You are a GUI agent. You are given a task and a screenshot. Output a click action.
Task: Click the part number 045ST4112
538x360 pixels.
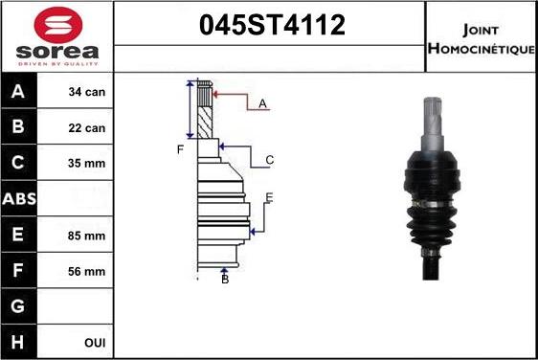coord(272,25)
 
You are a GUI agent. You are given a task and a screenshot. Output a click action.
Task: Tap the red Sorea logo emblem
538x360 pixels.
coord(58,25)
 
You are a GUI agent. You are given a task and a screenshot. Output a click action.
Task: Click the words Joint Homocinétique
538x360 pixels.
coord(482,39)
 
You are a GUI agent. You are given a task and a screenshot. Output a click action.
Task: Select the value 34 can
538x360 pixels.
coord(87,92)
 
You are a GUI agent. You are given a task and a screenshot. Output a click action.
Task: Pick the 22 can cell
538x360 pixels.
coord(87,128)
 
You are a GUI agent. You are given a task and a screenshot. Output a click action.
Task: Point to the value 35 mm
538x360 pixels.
coord(86,163)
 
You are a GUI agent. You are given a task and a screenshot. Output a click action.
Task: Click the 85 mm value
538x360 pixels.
coord(86,236)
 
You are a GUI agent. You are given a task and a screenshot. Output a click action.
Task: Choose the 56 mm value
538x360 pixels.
coord(86,272)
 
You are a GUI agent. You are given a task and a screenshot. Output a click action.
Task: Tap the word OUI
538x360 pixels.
coord(95,343)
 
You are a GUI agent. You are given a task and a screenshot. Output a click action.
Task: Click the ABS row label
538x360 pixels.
coord(19,199)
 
